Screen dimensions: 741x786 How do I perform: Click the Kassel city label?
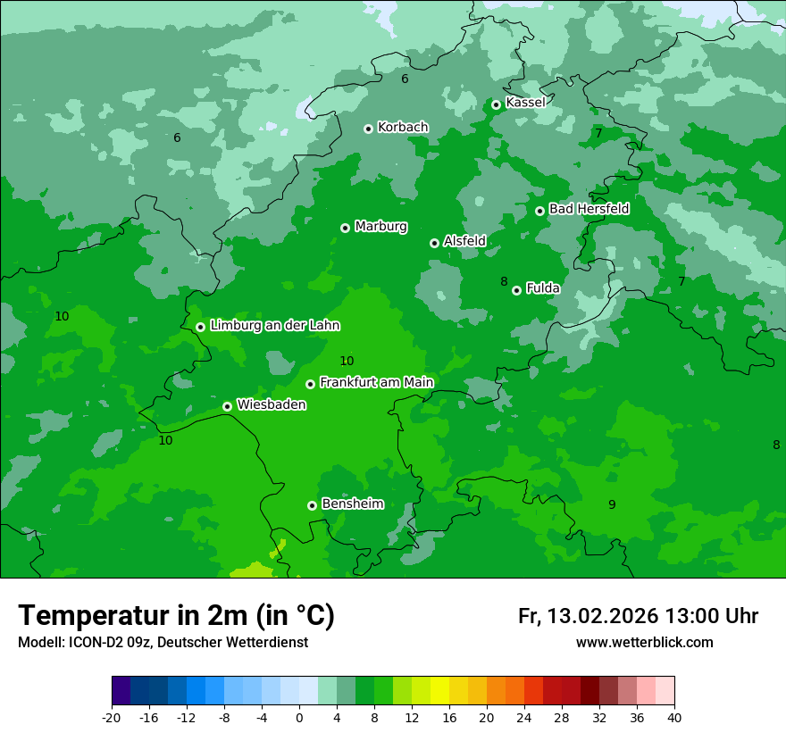click(x=525, y=103)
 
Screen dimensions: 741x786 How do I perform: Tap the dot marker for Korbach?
click(x=368, y=129)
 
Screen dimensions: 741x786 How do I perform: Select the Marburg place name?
click(x=380, y=227)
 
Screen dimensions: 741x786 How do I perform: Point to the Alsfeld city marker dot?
click(x=434, y=243)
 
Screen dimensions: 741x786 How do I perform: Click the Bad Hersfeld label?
click(x=589, y=209)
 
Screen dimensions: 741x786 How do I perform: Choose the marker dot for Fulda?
click(x=516, y=290)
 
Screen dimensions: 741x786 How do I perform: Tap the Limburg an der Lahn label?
click(x=274, y=326)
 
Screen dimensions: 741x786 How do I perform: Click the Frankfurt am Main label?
click(x=376, y=383)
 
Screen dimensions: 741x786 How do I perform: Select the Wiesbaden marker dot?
click(x=228, y=406)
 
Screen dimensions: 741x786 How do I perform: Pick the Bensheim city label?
click(x=352, y=504)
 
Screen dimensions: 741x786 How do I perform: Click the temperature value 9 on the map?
click(x=612, y=505)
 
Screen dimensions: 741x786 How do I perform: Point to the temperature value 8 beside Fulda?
click(x=504, y=282)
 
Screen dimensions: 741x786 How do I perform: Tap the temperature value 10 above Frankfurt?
click(x=347, y=362)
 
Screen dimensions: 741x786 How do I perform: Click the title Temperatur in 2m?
click(x=176, y=615)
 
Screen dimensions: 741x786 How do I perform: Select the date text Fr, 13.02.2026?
click(x=588, y=616)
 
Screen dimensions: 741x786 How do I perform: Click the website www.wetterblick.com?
click(x=644, y=643)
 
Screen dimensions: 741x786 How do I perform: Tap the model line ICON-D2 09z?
click(x=163, y=643)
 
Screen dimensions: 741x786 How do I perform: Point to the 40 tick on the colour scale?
click(x=673, y=717)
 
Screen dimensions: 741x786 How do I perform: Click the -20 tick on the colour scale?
click(x=112, y=717)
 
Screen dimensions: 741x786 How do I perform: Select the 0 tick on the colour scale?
click(x=299, y=717)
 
